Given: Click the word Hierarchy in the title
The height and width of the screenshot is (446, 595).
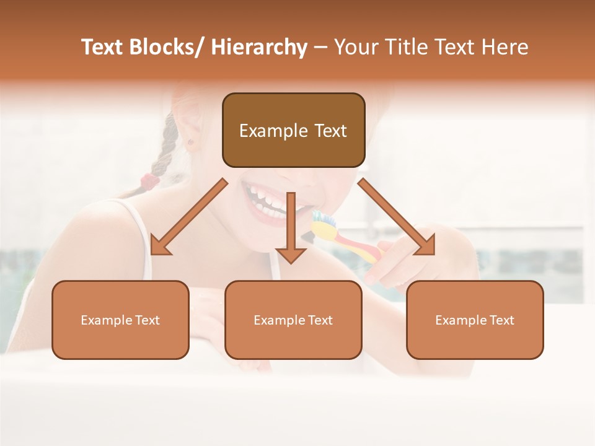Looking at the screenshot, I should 259,48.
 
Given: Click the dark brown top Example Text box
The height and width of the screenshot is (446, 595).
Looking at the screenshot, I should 293,130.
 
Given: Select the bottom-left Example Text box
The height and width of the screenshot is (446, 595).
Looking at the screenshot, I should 120,320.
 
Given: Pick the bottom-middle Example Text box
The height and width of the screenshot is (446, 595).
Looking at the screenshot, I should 293,320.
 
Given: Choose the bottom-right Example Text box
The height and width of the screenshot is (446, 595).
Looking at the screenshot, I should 475,320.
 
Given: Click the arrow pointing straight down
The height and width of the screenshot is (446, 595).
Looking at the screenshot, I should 291,229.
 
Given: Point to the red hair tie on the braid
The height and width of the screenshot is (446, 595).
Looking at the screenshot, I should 149,181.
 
